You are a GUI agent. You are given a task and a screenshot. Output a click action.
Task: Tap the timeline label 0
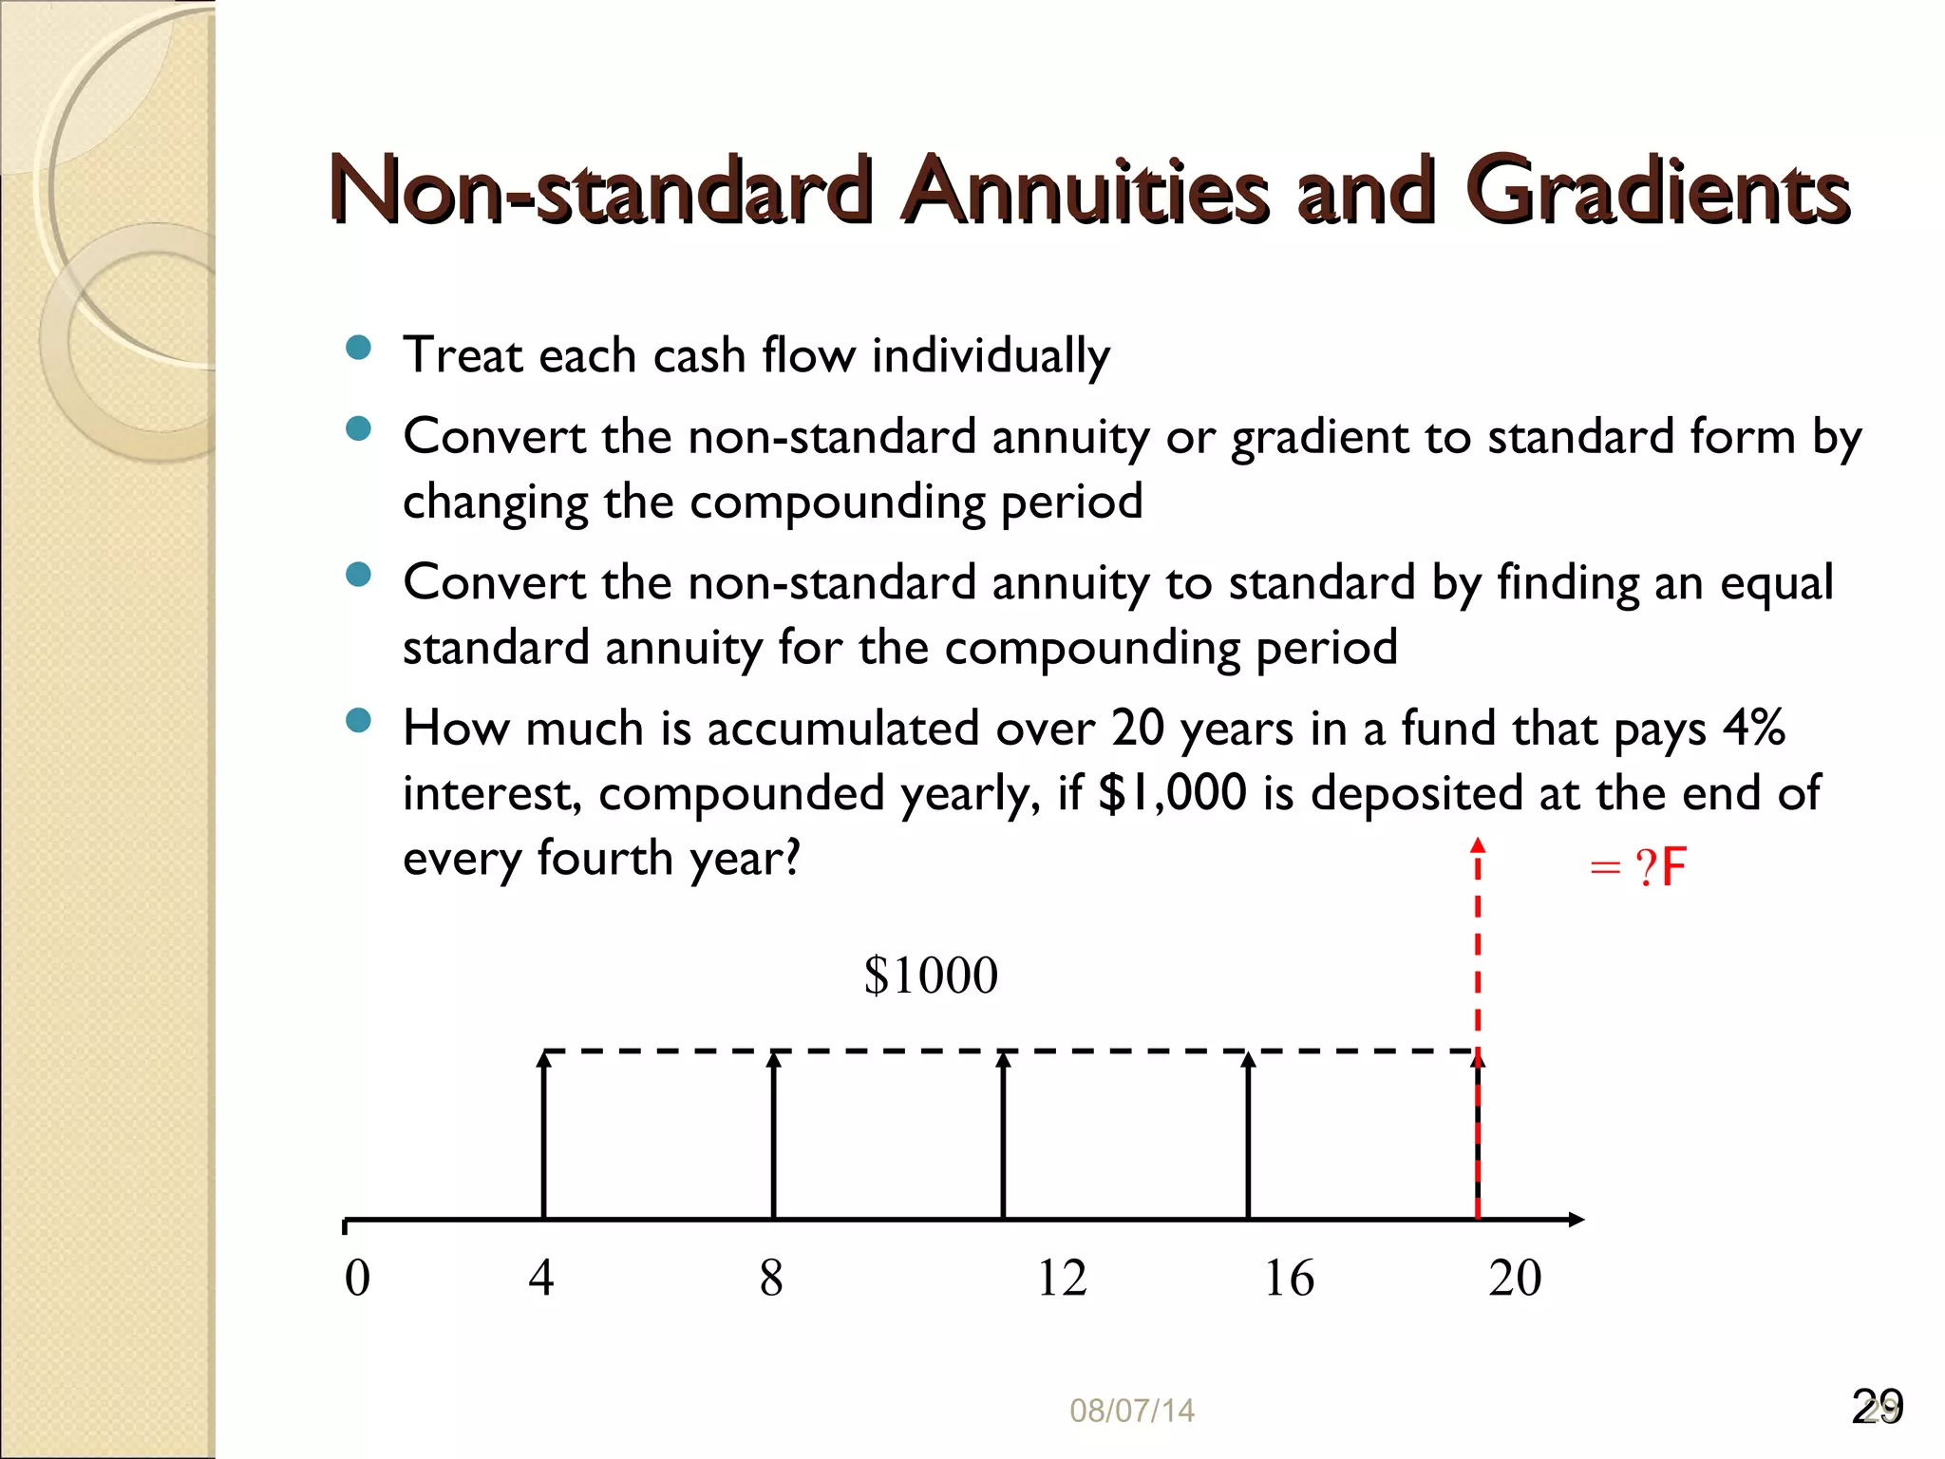click(x=357, y=1278)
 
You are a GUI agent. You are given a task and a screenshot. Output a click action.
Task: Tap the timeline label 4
click(x=541, y=1278)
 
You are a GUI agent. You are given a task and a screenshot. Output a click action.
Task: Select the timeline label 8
click(x=771, y=1278)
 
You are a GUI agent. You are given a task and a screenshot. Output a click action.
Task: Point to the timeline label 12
click(x=1061, y=1278)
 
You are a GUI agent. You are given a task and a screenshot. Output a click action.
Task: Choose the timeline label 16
click(x=1289, y=1278)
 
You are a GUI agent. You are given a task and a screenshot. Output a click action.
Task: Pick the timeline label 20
click(x=1515, y=1278)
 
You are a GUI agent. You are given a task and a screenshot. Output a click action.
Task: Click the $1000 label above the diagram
click(x=931, y=976)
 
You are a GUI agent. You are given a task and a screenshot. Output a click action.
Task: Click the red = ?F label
click(x=1637, y=867)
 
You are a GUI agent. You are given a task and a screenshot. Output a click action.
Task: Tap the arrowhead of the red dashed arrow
click(x=1478, y=844)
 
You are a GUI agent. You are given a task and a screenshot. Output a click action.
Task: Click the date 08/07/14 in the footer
click(x=1131, y=1411)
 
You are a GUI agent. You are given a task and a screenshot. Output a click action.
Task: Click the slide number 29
click(x=1877, y=1407)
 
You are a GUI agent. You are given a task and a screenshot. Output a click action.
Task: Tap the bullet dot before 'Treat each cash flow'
click(x=358, y=348)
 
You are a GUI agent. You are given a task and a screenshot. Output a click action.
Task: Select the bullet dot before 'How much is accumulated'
click(x=358, y=721)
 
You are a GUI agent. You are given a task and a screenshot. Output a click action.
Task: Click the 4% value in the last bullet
click(x=1753, y=729)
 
